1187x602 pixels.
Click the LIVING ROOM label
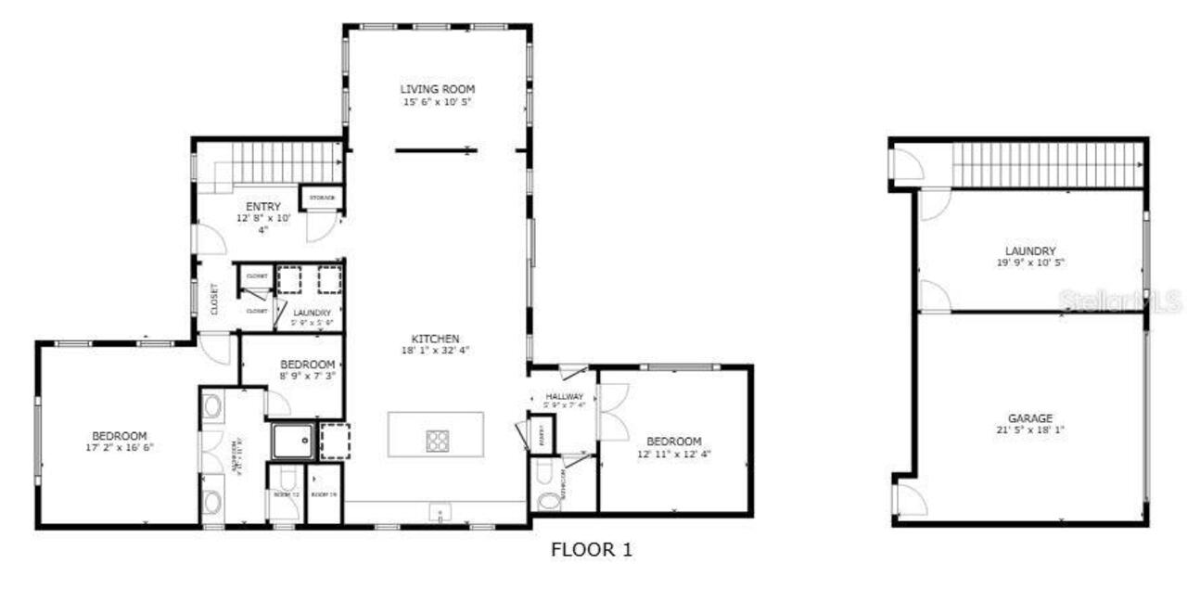coord(437,89)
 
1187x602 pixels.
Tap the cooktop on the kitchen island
coord(438,440)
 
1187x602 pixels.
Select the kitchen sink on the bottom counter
coord(437,511)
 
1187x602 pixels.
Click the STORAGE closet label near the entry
coord(322,198)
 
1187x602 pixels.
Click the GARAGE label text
coord(1030,418)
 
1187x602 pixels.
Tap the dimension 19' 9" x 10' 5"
coord(1030,263)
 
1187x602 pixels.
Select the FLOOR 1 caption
coord(592,550)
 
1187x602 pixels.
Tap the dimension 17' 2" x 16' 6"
coord(120,447)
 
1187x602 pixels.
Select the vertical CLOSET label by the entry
coord(214,300)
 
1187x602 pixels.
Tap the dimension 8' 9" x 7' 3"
coord(307,376)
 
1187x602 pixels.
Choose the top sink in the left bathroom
coord(211,406)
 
